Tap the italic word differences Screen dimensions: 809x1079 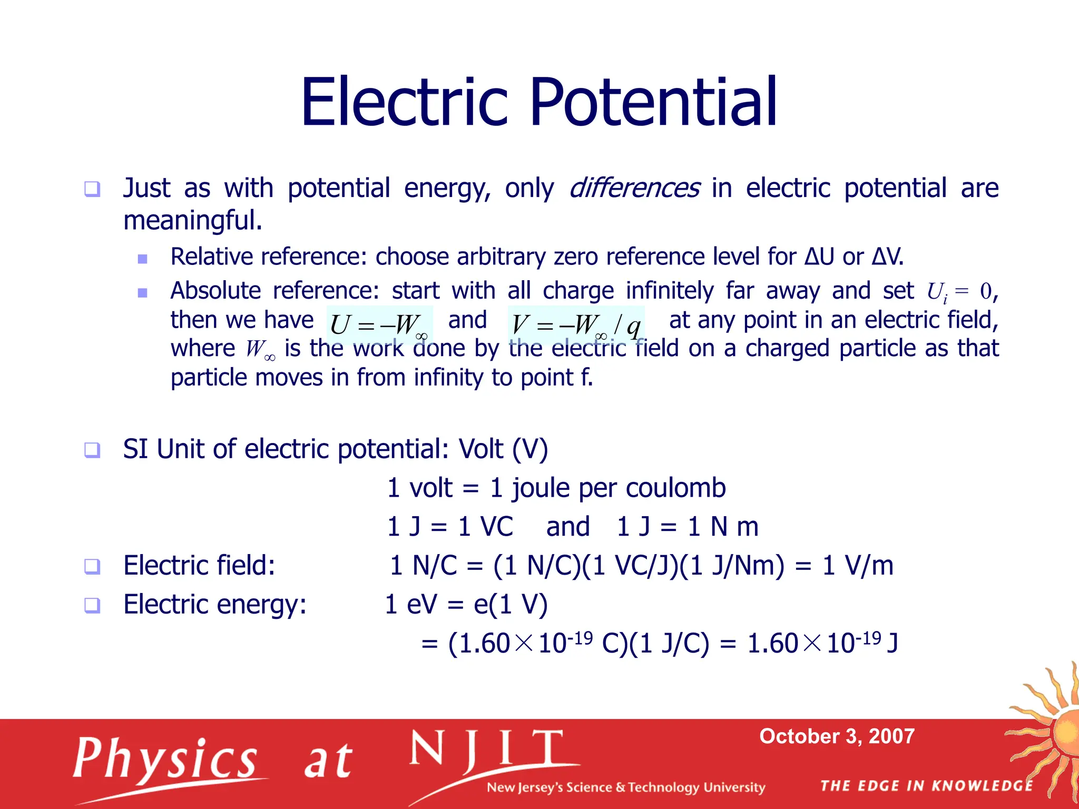coord(634,188)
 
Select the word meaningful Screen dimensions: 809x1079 coord(192,220)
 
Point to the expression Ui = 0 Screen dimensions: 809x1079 coord(959,291)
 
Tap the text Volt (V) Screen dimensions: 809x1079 coord(503,449)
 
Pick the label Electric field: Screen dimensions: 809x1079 coord(199,566)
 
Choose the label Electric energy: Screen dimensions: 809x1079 coord(215,605)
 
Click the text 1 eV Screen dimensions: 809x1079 coord(411,605)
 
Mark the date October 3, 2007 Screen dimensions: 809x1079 coord(837,736)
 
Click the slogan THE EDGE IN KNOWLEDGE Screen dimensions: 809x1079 coord(927,786)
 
